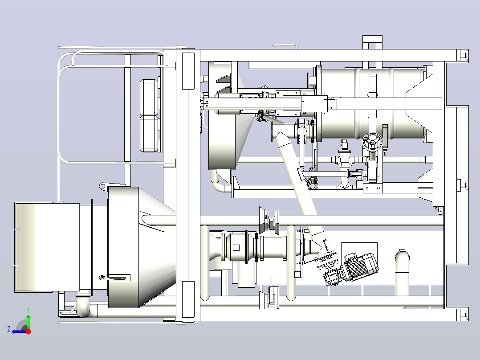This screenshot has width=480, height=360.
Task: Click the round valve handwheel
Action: pos(372,142)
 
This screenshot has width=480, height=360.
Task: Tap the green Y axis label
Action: pos(28,310)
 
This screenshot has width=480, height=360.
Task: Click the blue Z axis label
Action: pos(9,329)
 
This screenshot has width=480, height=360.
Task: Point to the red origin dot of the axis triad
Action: pos(28,331)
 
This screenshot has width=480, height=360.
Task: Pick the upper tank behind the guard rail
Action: pos(149,97)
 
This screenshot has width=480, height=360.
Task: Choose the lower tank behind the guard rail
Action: pos(149,134)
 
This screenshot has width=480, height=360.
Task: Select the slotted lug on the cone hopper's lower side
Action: pos(114,278)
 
